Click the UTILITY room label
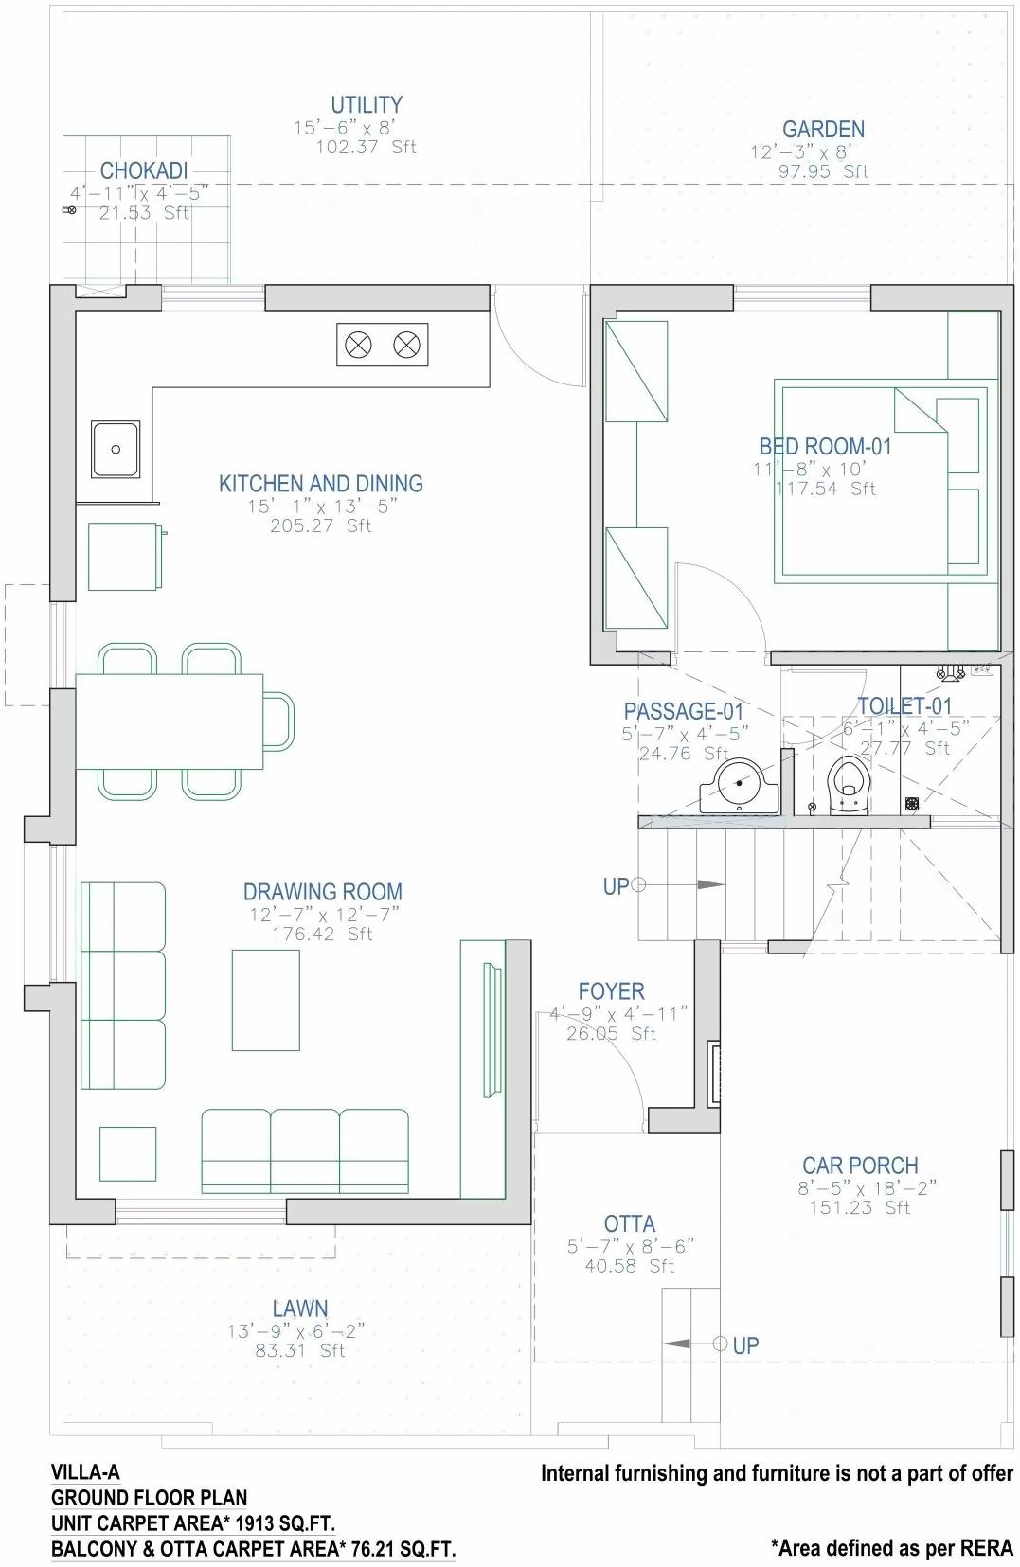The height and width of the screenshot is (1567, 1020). point(366,105)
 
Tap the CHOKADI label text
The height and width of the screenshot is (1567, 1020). point(144,171)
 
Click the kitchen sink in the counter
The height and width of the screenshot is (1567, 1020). point(116,449)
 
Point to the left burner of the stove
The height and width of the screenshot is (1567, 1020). point(358,345)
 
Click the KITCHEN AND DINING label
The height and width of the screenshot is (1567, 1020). point(320,484)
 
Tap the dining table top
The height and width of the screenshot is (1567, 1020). point(169,721)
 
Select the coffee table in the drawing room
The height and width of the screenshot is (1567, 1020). point(265,1000)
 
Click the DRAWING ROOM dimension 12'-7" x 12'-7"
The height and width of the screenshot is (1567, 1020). point(324,915)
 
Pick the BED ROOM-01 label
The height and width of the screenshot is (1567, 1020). point(825,446)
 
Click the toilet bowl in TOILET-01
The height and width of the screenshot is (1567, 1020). point(848,785)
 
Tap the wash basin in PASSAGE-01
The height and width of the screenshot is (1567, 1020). point(740,787)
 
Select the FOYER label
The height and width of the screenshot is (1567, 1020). point(611,991)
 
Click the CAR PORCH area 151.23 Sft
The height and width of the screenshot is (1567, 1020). point(859,1208)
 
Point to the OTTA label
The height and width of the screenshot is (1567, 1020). point(629,1224)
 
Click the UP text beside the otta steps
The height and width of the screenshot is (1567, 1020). point(745,1345)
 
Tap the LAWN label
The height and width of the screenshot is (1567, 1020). point(299,1309)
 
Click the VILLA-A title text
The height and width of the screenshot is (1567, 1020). point(85,1472)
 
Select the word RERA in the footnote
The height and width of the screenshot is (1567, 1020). point(986,1548)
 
